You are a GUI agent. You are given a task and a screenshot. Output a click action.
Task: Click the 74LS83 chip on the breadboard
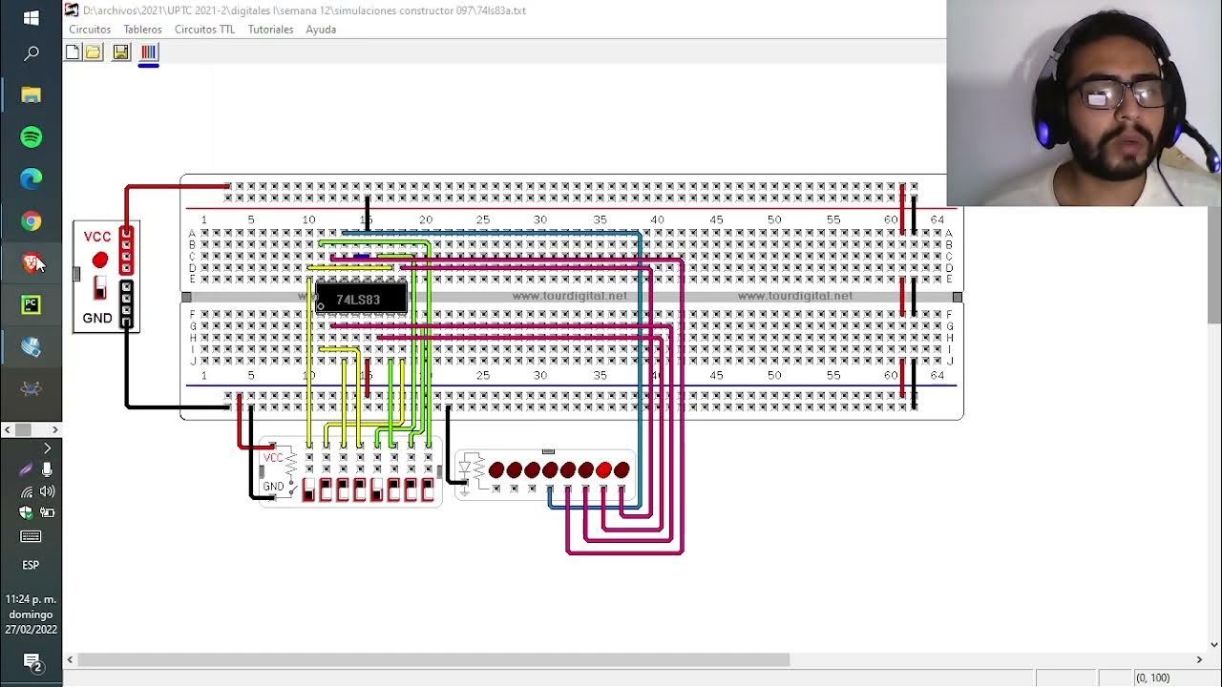(361, 299)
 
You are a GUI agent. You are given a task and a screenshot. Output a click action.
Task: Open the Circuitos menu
(90, 30)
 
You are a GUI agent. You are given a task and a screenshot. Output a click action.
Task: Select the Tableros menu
(142, 30)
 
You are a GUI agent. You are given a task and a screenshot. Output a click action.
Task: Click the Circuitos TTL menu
(204, 30)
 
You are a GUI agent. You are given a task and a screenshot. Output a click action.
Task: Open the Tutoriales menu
(270, 30)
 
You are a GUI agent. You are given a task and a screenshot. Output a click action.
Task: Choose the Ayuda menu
(321, 30)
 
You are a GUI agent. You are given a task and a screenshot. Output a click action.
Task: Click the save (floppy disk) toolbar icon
(120, 52)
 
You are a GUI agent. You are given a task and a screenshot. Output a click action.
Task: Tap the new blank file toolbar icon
(73, 52)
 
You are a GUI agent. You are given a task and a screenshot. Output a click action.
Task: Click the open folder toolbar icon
(94, 52)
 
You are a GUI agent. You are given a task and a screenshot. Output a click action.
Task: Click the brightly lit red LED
(603, 469)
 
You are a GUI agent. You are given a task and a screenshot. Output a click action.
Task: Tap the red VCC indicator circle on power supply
(100, 260)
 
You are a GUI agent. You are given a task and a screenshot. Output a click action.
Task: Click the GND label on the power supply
(97, 318)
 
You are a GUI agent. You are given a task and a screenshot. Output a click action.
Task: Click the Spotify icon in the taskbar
(31, 136)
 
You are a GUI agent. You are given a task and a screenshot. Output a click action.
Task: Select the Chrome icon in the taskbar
(31, 221)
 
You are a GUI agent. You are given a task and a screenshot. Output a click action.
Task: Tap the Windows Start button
(31, 18)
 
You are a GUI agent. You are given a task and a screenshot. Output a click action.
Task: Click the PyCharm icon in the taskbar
(31, 305)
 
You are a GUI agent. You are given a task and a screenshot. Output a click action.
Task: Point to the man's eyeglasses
(1125, 94)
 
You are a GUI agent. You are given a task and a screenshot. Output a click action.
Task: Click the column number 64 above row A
(938, 219)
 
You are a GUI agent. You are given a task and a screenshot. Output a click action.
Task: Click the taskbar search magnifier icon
(31, 53)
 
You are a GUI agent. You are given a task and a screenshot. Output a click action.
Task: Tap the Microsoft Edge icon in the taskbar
(31, 178)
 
